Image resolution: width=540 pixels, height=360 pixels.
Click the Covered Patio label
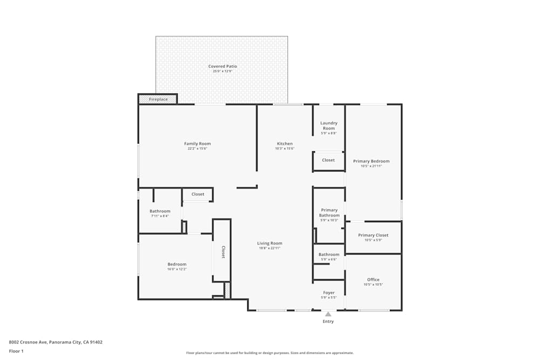pos(222,66)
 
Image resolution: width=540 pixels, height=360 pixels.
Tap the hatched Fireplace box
pos(158,99)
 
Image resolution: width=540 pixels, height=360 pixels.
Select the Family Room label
pos(197,144)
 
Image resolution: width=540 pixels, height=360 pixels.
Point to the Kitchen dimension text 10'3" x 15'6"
pos(285,148)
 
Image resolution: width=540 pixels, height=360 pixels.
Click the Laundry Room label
pos(328,125)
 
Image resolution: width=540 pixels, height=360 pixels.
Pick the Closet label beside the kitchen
pos(328,160)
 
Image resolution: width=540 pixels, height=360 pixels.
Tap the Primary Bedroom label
pos(371,161)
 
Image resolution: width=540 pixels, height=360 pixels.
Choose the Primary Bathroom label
pos(329,213)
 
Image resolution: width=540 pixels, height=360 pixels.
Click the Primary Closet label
pos(373,235)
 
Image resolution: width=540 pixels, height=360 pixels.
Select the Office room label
pos(373,280)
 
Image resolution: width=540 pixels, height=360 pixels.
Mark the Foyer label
pos(328,293)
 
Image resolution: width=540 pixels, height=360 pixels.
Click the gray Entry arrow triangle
pos(328,313)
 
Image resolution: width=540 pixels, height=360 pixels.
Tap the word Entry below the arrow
pos(328,322)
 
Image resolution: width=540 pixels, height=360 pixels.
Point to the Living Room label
pos(269,243)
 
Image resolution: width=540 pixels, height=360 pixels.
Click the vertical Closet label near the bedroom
pos(222,252)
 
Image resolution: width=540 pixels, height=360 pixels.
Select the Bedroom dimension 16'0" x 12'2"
pos(177,269)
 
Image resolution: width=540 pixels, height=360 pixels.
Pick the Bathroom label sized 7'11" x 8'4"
pos(160,211)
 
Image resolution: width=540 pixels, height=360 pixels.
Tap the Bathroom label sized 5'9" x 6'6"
pos(328,254)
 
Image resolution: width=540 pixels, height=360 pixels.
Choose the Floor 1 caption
pos(16,351)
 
